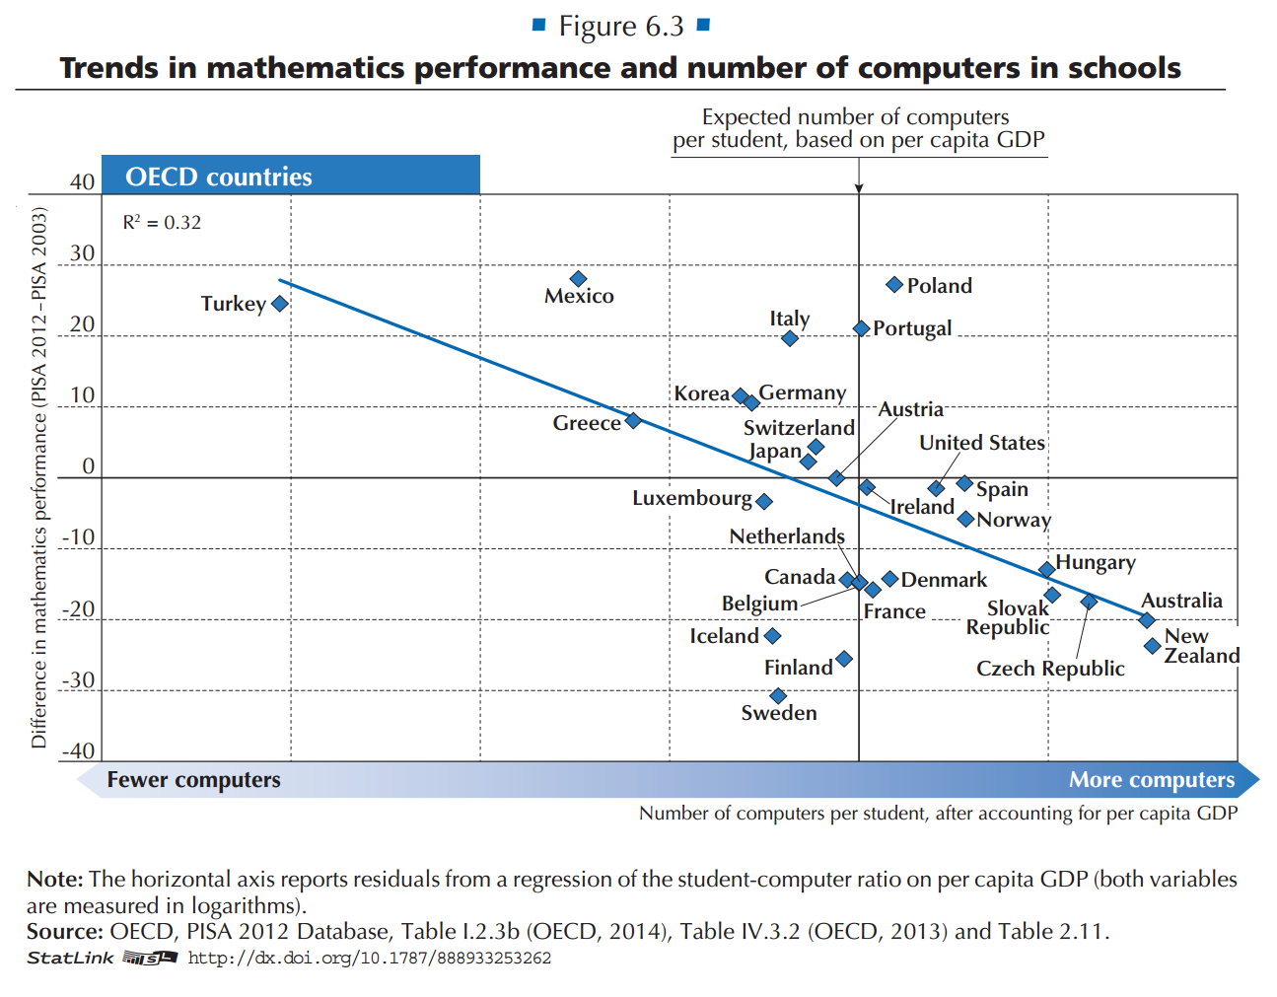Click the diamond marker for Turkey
tap(280, 304)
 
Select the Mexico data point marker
tap(579, 279)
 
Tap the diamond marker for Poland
tap(894, 285)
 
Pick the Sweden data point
tap(778, 696)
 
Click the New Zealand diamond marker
tap(1152, 646)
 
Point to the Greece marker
tap(633, 421)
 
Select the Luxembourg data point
tap(764, 501)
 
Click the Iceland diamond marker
tap(772, 636)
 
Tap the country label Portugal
tap(912, 328)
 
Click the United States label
tap(981, 443)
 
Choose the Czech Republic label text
tap(1050, 669)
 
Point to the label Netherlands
tap(787, 536)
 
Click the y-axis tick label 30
tap(83, 253)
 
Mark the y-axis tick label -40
tap(79, 751)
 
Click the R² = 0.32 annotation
tap(162, 223)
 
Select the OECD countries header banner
tap(291, 176)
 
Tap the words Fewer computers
tap(193, 780)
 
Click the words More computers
tap(1151, 780)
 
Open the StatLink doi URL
tap(369, 959)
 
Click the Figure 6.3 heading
tap(621, 27)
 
